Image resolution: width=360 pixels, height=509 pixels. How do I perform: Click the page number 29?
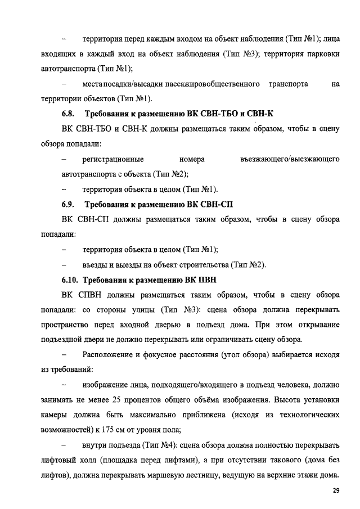point(336,491)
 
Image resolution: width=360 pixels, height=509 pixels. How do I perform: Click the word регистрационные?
point(112,159)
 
